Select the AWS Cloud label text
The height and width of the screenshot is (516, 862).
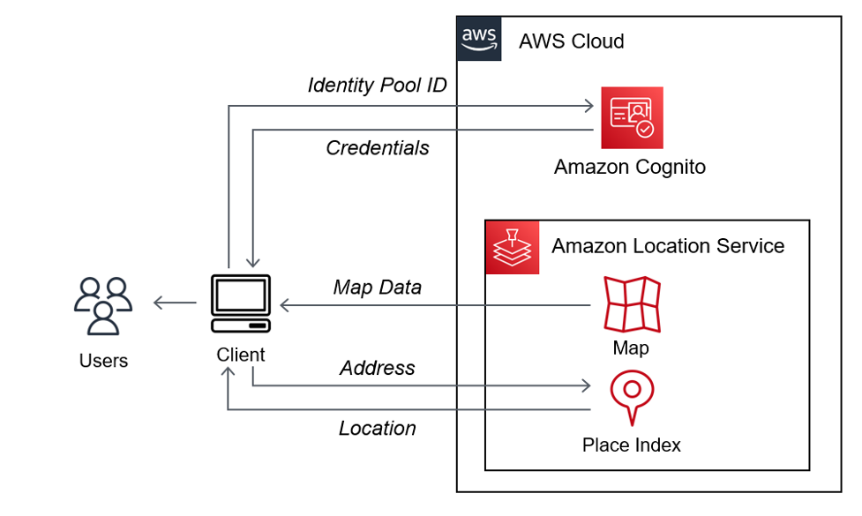571,41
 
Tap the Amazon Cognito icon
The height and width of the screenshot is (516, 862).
632,117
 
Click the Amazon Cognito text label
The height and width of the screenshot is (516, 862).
629,167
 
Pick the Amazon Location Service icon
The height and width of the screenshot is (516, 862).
513,248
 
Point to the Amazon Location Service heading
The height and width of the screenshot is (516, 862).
668,246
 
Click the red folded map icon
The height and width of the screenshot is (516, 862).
632,304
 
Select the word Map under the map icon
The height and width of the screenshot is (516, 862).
631,348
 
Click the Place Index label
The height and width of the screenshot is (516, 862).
631,445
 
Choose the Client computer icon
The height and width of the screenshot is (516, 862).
241,303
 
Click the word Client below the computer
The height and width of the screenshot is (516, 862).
240,355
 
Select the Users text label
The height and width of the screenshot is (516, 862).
103,360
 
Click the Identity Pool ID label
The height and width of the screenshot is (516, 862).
377,85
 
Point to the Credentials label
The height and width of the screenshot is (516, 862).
378,147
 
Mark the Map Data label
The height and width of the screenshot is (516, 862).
377,287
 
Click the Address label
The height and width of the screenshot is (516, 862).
377,367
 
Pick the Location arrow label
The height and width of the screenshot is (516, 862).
377,428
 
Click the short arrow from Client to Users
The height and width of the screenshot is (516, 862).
175,303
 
